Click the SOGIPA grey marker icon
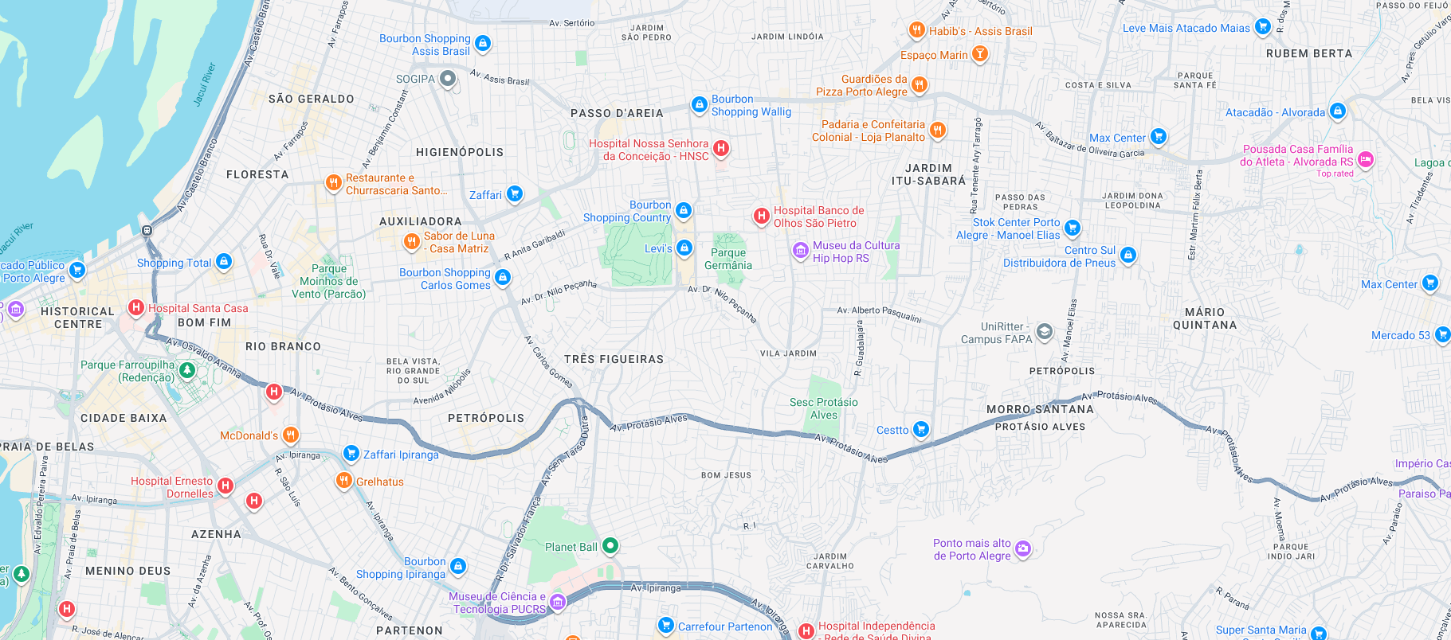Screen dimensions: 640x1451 pos(448,78)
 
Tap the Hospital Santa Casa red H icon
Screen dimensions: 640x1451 pos(136,307)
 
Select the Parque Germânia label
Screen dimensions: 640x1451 pos(727,259)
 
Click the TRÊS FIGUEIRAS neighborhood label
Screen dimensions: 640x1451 pos(614,359)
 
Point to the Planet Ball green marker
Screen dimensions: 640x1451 pos(610,545)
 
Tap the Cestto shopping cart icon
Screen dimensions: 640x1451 pos(920,429)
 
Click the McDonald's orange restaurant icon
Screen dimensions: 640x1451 pos(291,435)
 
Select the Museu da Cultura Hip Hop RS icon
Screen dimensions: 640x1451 pos(801,251)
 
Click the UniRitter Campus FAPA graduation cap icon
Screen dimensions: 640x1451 pos(1044,331)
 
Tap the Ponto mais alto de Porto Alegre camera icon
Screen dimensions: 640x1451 pos(1023,548)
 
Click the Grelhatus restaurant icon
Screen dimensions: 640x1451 pos(343,480)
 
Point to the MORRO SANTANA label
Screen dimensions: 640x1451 pos(1040,409)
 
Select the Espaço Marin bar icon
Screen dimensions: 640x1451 pos(979,53)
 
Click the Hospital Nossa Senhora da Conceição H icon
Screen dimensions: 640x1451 pos(721,147)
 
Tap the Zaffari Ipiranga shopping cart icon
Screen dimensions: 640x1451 pos(351,453)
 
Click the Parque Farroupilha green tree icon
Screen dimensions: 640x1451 pos(187,369)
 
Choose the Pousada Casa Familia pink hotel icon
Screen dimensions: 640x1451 pos(1365,159)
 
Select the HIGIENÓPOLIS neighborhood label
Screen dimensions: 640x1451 pos(460,152)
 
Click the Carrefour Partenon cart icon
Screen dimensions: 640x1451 pos(666,625)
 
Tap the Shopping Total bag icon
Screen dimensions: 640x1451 pos(224,261)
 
